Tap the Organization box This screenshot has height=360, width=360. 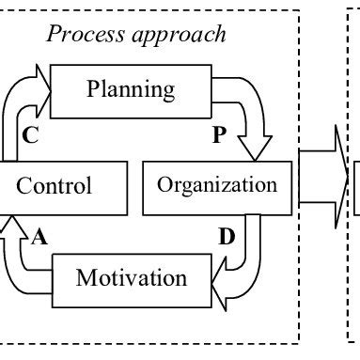click(216, 185)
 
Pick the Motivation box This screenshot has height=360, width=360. click(131, 278)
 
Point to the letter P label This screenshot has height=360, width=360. click(219, 136)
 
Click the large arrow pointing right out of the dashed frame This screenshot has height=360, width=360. click(323, 179)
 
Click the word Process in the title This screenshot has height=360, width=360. click(84, 36)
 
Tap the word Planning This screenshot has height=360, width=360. click(131, 90)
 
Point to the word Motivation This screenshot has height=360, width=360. click(131, 278)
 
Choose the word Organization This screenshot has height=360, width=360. click(217, 185)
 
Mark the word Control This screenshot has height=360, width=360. click(55, 186)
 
